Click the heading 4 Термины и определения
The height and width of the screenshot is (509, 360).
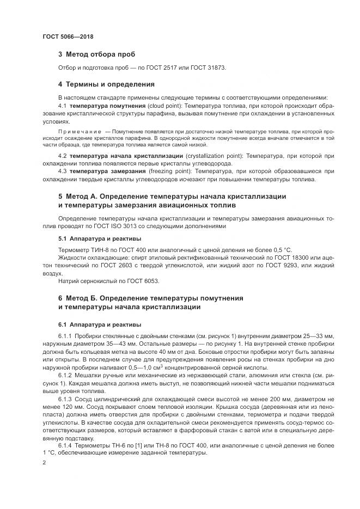[106, 84]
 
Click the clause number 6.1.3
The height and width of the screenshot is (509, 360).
[65, 400]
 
